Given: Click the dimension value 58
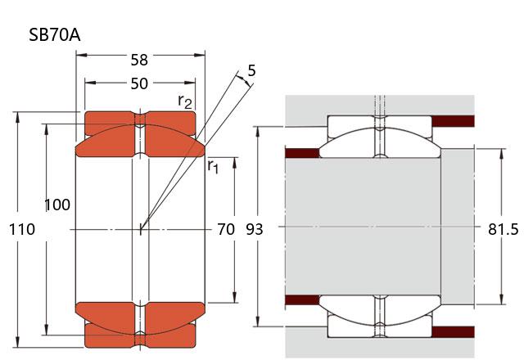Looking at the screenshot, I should point(140,60).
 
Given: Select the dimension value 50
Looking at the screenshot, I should point(140,83).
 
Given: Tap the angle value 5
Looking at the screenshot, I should point(251,70).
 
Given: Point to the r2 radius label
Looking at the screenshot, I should point(186,101).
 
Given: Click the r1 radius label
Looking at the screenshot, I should point(214,166).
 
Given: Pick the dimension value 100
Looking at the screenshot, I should point(56,205).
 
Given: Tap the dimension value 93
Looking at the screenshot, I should point(255,229).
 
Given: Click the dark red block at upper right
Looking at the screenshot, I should point(453,121).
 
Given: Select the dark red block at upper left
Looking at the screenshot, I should point(300,152).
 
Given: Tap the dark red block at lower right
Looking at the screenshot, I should point(453,331).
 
